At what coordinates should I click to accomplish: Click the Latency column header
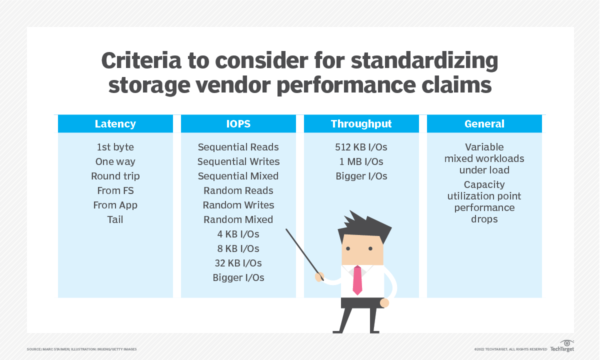[x=115, y=124]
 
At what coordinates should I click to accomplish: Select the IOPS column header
[x=238, y=124]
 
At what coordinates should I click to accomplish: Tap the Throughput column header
[x=361, y=124]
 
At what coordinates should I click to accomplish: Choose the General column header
[x=484, y=124]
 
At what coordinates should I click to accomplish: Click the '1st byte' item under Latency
[x=115, y=147]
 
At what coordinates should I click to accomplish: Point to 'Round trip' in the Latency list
[x=115, y=176]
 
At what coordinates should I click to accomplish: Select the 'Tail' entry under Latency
[x=115, y=219]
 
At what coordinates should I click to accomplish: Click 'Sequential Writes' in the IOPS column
[x=238, y=161]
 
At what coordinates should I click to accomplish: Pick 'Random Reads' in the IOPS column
[x=238, y=190]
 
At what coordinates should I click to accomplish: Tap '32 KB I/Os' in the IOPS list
[x=238, y=263]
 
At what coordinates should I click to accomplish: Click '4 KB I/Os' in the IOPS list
[x=238, y=234]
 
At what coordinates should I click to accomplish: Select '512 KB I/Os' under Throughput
[x=361, y=147]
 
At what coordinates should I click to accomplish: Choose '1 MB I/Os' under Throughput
[x=361, y=161]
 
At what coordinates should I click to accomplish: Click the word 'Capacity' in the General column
[x=484, y=184]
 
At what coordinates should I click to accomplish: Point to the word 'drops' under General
[x=484, y=219]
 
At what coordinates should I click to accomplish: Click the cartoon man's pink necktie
[x=357, y=280]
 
